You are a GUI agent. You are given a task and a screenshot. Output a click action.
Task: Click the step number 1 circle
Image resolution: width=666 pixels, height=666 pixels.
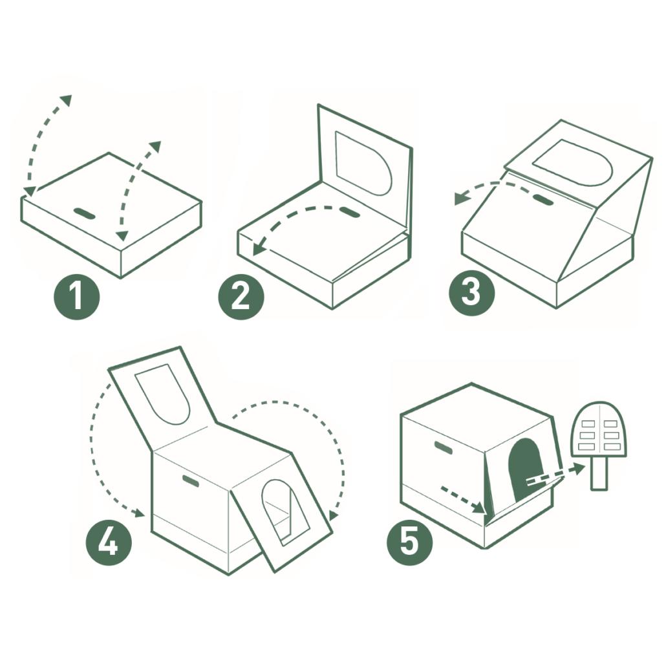pos(76,296)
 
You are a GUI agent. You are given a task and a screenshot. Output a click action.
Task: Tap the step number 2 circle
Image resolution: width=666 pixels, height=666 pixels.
pos(241,296)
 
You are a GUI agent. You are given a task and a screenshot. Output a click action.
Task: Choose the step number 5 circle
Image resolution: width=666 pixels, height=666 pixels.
pos(409,542)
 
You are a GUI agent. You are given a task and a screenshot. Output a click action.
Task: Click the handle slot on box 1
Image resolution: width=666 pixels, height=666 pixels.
pos(85,213)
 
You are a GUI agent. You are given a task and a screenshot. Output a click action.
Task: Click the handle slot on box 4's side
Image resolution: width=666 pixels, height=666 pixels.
pos(191,481)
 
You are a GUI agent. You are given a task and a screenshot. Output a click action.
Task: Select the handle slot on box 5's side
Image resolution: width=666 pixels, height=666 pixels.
pos(443,448)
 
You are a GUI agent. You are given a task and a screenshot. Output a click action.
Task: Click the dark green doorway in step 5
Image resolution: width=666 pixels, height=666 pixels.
pos(526,469)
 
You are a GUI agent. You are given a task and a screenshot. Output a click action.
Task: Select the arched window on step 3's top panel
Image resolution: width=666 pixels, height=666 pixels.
pos(572,163)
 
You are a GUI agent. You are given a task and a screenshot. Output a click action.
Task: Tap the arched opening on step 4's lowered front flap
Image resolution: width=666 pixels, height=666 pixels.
pos(285,513)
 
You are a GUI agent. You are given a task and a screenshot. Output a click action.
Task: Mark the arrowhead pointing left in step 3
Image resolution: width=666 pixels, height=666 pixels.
pos(460,198)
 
